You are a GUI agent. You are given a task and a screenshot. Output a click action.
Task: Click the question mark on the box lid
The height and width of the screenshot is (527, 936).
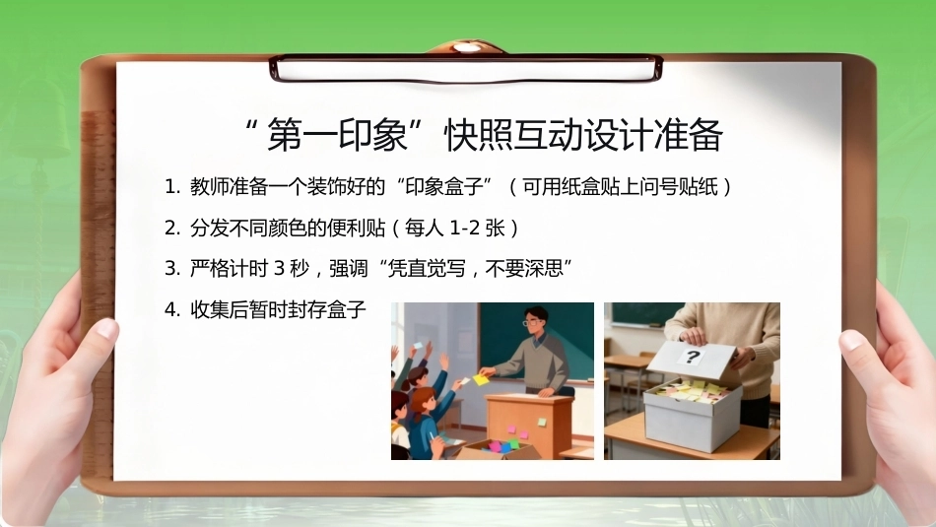[692, 358]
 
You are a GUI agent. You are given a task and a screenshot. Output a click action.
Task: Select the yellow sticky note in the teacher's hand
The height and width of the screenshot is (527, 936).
[481, 379]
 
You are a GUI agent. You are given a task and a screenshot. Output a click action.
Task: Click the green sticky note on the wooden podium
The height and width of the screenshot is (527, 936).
[542, 422]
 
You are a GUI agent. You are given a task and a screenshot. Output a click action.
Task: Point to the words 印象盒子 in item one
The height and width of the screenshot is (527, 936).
[443, 187]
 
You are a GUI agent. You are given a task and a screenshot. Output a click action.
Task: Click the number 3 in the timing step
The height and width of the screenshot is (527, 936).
[279, 269]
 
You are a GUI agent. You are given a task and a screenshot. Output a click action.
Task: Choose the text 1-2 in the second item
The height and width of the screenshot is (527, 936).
[465, 228]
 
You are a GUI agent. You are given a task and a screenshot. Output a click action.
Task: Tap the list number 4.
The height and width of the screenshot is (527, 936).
[172, 309]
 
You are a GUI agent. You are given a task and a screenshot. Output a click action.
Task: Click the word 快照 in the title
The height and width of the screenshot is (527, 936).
[480, 134]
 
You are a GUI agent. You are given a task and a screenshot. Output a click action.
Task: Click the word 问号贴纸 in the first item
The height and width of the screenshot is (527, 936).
[679, 187]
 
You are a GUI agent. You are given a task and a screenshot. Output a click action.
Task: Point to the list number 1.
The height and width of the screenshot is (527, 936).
[171, 187]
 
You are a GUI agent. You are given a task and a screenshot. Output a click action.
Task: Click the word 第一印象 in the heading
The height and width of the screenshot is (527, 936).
[337, 134]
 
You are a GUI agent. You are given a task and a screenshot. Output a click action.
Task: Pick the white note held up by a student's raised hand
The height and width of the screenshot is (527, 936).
[418, 346]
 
